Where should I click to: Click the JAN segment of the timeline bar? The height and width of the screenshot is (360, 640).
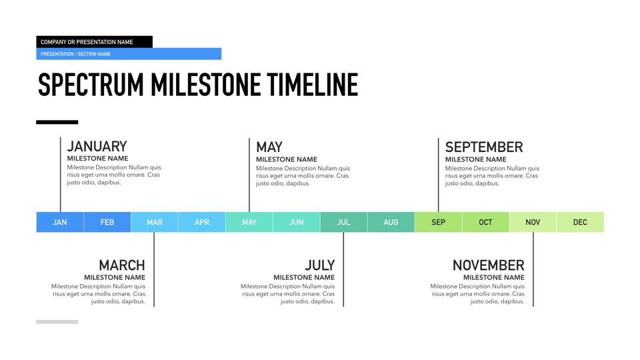[60, 222]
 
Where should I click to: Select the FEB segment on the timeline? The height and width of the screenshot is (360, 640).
[107, 222]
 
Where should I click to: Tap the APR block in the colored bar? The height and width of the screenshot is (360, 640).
[202, 222]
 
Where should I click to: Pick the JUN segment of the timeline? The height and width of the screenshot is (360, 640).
[297, 222]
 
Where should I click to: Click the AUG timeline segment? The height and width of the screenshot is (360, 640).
[391, 222]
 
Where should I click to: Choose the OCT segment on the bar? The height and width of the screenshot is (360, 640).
[486, 222]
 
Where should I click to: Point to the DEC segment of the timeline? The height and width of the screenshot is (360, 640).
[581, 222]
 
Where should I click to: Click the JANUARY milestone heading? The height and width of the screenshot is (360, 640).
[97, 146]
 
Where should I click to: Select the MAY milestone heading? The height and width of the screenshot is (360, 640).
[269, 147]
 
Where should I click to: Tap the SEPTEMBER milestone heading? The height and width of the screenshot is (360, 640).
[484, 147]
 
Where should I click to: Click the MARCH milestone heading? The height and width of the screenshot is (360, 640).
[122, 265]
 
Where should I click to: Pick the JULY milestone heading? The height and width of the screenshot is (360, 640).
[320, 265]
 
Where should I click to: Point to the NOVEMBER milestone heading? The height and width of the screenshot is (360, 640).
[489, 265]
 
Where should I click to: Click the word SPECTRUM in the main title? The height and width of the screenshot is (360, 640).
[91, 85]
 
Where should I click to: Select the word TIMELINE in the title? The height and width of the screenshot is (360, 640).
[313, 85]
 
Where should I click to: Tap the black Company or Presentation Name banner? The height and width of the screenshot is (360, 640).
[94, 41]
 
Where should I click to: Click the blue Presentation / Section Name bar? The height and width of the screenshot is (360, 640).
[129, 54]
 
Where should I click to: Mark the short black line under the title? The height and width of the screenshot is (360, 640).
[57, 122]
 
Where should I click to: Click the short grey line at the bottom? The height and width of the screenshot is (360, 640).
[57, 322]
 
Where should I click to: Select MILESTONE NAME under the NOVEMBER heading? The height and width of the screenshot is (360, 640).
[494, 277]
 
